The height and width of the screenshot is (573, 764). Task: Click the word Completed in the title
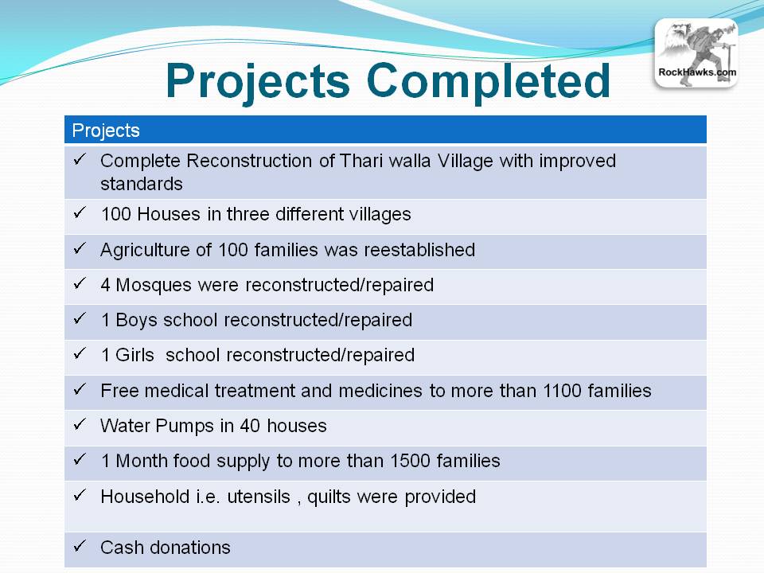tap(488, 81)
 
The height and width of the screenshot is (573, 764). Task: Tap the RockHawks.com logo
tap(696, 53)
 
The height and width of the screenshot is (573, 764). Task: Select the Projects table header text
tap(106, 131)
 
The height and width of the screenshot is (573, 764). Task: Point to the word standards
tap(142, 184)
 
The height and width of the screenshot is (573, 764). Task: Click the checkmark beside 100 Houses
tap(80, 212)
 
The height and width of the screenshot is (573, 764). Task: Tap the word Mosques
tap(154, 286)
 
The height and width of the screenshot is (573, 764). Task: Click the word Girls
tap(134, 355)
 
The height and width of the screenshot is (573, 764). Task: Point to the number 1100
tap(562, 391)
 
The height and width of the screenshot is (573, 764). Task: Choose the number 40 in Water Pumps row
tap(249, 426)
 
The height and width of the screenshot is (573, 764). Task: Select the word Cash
tap(122, 548)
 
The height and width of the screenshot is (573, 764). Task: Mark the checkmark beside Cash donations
tap(80, 546)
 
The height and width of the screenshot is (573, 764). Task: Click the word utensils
tap(259, 497)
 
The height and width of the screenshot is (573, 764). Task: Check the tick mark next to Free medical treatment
tap(80, 389)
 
